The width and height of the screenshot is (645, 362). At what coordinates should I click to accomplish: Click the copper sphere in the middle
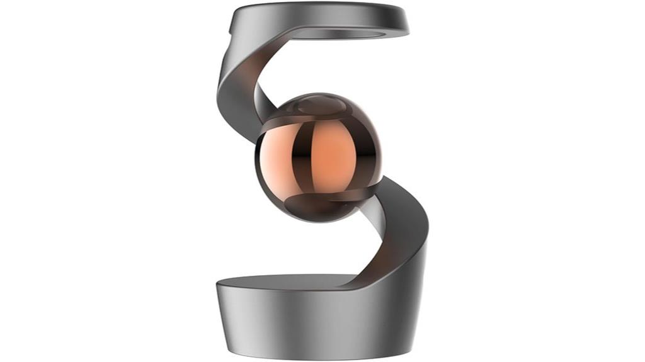(x=319, y=157)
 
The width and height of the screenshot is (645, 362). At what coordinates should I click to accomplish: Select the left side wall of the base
(x=230, y=315)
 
